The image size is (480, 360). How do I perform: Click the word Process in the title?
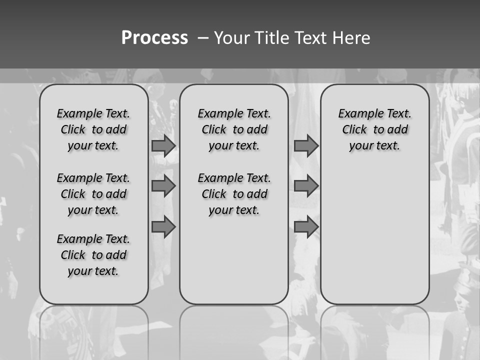tap(154, 37)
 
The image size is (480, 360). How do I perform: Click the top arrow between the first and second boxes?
tap(163, 145)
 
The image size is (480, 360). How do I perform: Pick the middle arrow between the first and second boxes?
tap(163, 186)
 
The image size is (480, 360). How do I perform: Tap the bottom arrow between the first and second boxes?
tap(163, 227)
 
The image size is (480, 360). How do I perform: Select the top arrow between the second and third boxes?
tap(305, 145)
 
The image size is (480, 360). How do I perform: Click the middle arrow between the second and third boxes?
tap(305, 186)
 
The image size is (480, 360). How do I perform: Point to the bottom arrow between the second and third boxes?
tap(305, 227)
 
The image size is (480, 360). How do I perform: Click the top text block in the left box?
tap(93, 129)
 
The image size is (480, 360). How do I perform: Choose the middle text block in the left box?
tap(93, 194)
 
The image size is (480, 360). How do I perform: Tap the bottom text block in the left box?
tap(93, 255)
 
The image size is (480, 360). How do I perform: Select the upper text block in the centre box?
tap(234, 129)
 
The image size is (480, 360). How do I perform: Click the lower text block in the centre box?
tap(234, 194)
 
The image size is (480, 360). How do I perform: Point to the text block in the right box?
tap(374, 129)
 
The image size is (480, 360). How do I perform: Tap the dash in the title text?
tap(202, 38)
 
